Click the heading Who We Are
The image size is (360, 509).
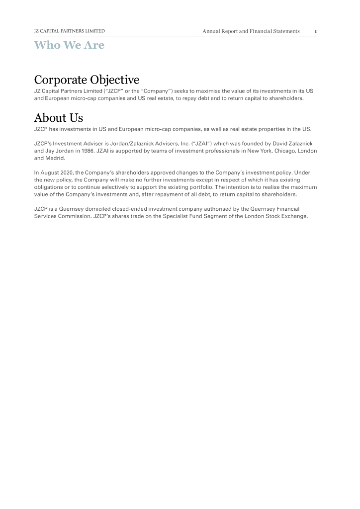click(69, 45)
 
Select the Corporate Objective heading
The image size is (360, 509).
click(87, 80)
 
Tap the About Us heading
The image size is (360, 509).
click(58, 118)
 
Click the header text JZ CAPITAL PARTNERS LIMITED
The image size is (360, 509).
click(69, 31)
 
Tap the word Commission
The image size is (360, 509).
click(74, 216)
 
